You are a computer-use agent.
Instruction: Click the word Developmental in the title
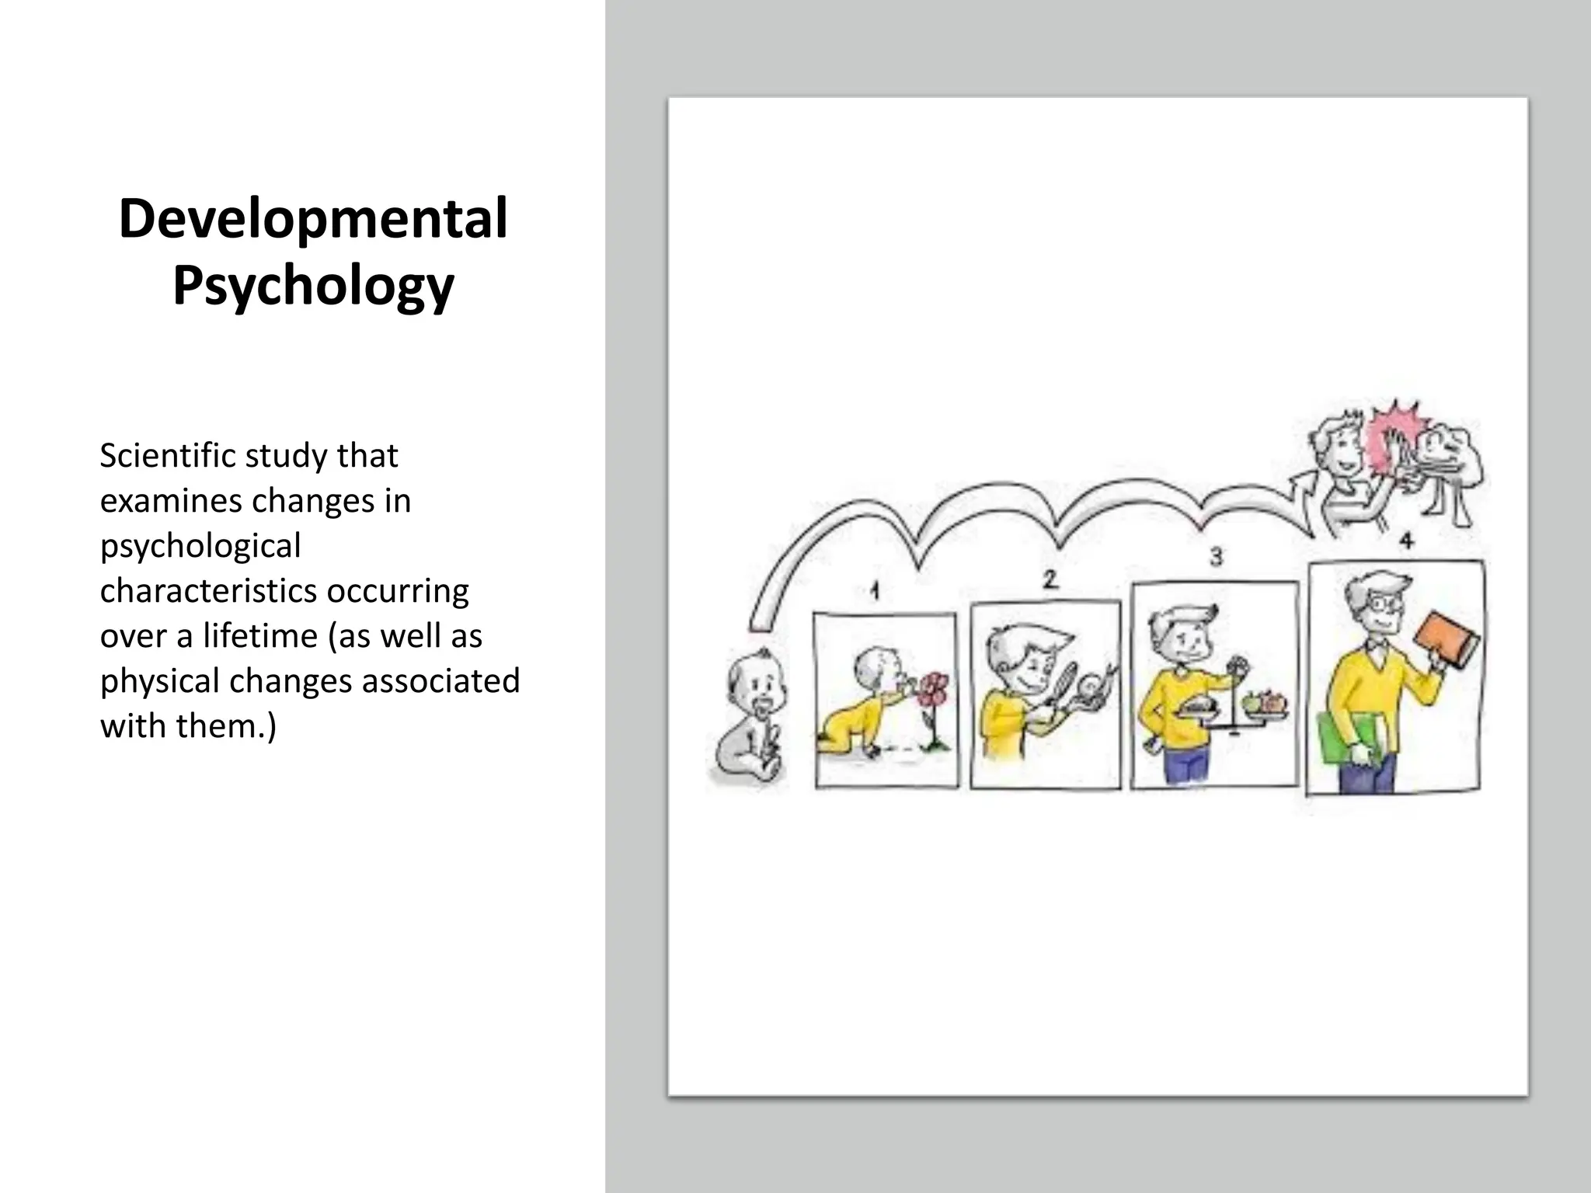click(313, 219)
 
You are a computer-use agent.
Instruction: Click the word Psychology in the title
click(313, 286)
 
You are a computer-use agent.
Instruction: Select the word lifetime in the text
click(260, 636)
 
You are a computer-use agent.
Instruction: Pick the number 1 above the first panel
click(875, 592)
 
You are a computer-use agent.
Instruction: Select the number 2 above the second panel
click(1050, 579)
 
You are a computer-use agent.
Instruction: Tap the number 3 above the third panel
click(1216, 556)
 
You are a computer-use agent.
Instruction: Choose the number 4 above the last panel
click(1406, 541)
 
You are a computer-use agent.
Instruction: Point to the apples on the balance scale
click(1265, 701)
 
